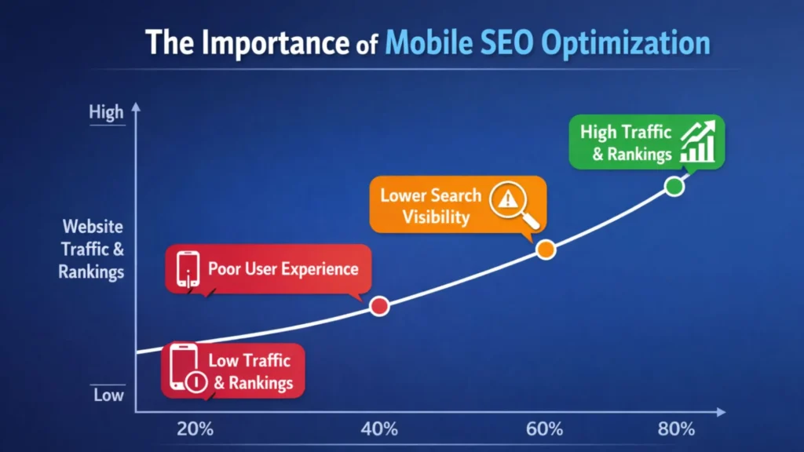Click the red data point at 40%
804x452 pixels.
379,306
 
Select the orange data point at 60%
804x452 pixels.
546,250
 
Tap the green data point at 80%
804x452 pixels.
674,186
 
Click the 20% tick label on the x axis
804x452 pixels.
196,429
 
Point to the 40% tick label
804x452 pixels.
379,429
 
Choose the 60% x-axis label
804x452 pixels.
545,429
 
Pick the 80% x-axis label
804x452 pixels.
676,429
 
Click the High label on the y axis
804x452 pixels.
106,113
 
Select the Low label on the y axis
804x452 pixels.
108,395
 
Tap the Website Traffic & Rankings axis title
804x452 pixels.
92,250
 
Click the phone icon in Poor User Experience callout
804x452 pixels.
188,269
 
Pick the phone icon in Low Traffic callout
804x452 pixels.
186,370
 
